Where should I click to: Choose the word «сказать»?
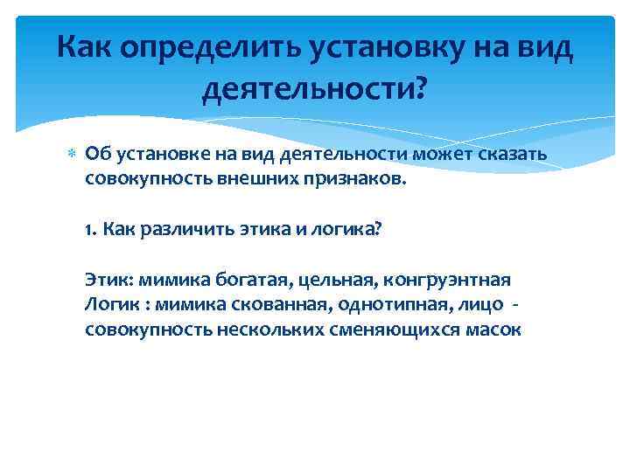[x=512, y=155]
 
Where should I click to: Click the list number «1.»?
[x=91, y=229]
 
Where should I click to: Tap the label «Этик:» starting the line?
[x=106, y=281]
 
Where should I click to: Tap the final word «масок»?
[x=494, y=330]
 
